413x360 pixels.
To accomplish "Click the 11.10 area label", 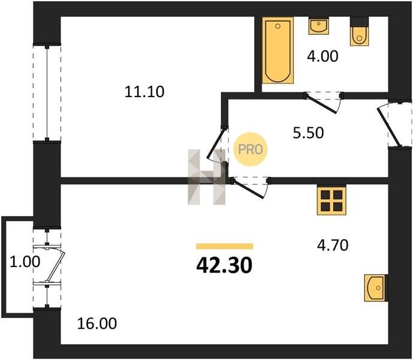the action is coord(144,92).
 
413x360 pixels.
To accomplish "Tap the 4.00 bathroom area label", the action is coord(322,56).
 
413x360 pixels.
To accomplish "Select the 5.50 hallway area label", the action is coord(309,133).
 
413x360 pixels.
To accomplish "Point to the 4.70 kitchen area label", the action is coord(333,245).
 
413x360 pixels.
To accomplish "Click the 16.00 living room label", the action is coord(97,323).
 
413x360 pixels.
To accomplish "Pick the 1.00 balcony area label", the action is coord(25,262).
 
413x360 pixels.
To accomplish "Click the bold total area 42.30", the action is coord(224,265).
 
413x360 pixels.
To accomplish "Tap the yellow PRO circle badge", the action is coord(251,149).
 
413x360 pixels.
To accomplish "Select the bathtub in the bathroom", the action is coord(278,50).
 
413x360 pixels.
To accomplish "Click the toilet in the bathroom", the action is coord(359,32).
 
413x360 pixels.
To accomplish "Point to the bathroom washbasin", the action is coord(319,26).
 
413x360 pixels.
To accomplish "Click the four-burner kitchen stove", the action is coord(331,200).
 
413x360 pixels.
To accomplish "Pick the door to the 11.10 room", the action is coord(218,144).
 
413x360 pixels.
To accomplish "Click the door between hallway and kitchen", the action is coord(251,188).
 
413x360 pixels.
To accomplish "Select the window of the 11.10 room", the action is coord(47,93).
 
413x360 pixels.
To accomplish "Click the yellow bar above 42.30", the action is coord(225,247).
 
